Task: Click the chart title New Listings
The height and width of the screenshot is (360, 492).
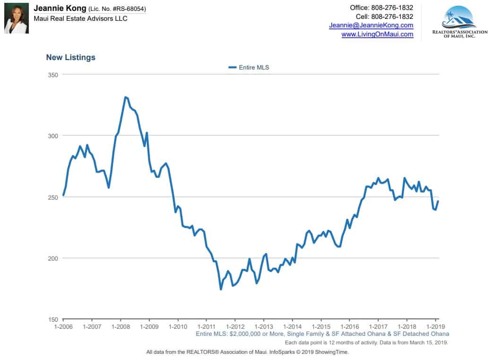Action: coord(70,57)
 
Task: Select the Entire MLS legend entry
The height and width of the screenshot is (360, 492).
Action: coord(249,68)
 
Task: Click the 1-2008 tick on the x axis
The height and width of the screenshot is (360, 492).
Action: coord(121,327)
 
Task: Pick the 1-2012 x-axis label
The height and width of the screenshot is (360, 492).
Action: coord(235,327)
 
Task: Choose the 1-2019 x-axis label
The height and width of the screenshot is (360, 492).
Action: coord(435,327)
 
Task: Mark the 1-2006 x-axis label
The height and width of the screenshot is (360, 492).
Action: coord(63,327)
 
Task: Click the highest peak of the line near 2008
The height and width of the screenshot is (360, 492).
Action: coord(126,97)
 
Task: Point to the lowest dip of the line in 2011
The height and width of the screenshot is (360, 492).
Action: coord(221,289)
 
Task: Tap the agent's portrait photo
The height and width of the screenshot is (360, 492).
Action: coord(17,19)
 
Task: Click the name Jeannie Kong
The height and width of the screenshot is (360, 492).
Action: coord(60,9)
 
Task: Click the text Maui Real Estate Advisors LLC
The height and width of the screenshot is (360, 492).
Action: coord(80,18)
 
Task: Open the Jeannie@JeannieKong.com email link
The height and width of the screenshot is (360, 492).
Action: coord(371,25)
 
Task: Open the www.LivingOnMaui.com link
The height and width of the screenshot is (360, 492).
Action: coord(377,34)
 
